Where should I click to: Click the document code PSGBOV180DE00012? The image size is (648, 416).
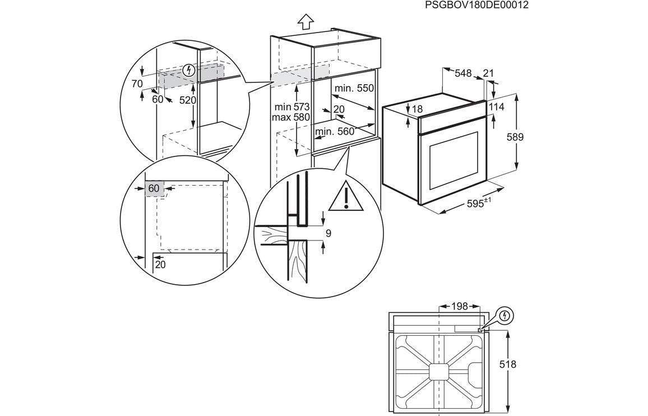click(476, 5)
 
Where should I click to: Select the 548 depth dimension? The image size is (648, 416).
click(463, 73)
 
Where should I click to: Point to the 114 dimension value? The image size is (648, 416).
click(497, 107)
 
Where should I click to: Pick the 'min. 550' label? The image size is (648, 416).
click(354, 89)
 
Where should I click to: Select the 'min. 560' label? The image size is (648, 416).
click(335, 132)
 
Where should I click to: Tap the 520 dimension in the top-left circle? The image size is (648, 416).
click(188, 100)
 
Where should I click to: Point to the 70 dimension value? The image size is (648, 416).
click(137, 84)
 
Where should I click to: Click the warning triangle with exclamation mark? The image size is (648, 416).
click(346, 197)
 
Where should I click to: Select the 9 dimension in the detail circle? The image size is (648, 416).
click(328, 233)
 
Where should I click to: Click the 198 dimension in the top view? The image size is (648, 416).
click(460, 306)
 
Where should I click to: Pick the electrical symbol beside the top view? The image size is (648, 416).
click(505, 315)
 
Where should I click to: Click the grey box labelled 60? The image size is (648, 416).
click(155, 188)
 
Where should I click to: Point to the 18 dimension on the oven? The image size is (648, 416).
click(417, 109)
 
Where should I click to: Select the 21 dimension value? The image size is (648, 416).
click(488, 73)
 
